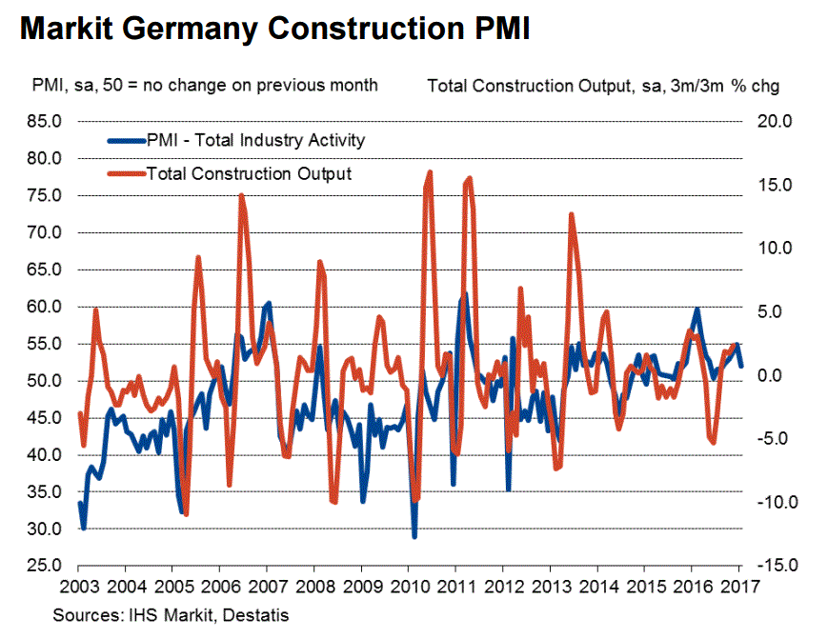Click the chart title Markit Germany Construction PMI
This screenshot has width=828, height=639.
[275, 29]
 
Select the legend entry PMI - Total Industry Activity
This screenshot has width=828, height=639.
[255, 140]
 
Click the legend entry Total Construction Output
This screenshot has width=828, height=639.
[249, 173]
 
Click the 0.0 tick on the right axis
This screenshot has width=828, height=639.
[773, 375]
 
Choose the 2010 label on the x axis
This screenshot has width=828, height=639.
[409, 585]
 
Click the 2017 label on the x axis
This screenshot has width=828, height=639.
[740, 585]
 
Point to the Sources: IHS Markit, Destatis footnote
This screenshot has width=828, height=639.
[172, 615]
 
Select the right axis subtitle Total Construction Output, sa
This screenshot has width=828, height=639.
[604, 86]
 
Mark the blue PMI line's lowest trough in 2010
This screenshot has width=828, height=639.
[414, 537]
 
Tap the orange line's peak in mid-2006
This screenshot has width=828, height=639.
[241, 195]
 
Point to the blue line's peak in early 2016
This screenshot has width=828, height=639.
[697, 309]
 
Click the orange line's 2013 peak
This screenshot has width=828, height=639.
[571, 214]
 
